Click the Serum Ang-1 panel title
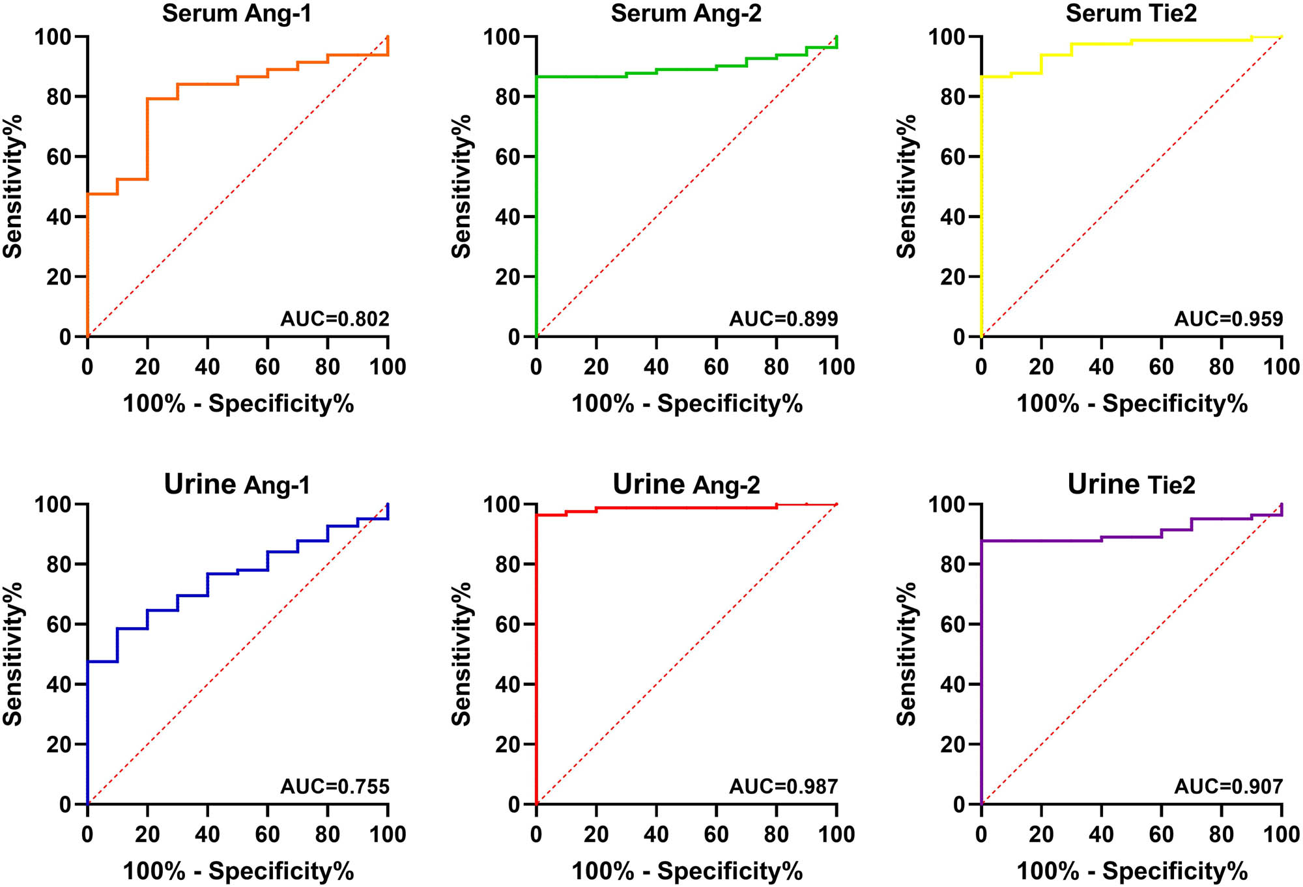point(236,14)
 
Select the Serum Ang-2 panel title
point(686,14)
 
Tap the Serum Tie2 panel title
point(1131,14)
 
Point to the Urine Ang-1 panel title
point(236,485)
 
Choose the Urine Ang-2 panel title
point(686,485)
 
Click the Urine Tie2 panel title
point(1131,485)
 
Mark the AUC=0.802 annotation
point(335,319)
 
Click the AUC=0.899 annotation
point(783,319)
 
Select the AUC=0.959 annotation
point(1228,319)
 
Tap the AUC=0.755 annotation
point(335,787)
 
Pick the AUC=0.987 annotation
point(783,787)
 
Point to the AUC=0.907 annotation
point(1228,787)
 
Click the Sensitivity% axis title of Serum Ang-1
point(13,187)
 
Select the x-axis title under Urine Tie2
point(1132,871)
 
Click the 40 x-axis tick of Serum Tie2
point(1101,367)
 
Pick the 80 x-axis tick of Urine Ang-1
point(327,834)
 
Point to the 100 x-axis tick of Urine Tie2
point(1281,834)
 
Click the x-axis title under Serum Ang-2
point(687,404)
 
